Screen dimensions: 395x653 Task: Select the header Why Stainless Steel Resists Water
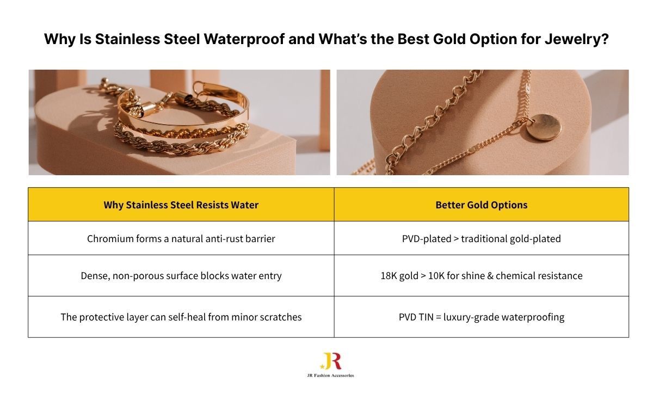(181, 205)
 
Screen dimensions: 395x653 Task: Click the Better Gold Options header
(481, 205)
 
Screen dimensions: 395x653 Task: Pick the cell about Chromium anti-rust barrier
(181, 238)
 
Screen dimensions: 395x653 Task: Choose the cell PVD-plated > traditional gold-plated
(481, 238)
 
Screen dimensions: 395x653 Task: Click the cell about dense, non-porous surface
(181, 275)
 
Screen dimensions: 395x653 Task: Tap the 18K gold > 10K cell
(481, 275)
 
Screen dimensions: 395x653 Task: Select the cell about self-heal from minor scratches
(181, 317)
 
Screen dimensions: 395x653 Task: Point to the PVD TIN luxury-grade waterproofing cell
(481, 317)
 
